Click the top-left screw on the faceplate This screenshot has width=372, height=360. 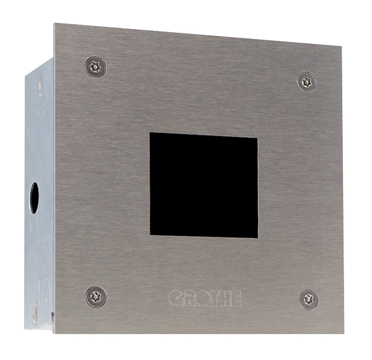[x=95, y=67]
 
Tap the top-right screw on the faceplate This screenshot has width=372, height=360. [x=307, y=82]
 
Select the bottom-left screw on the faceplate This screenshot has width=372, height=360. [x=96, y=296]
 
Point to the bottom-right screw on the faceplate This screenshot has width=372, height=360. [x=309, y=300]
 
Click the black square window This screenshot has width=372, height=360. [x=204, y=185]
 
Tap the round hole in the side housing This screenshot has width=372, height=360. [x=34, y=198]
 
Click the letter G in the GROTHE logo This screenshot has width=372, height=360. [x=176, y=297]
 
